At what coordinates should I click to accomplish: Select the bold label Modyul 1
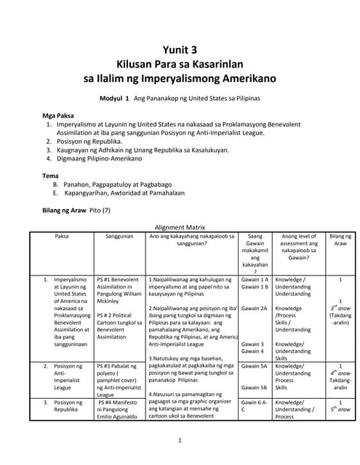113,97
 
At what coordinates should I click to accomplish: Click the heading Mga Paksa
58,116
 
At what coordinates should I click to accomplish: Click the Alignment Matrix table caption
180,226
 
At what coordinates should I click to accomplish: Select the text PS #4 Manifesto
119,402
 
